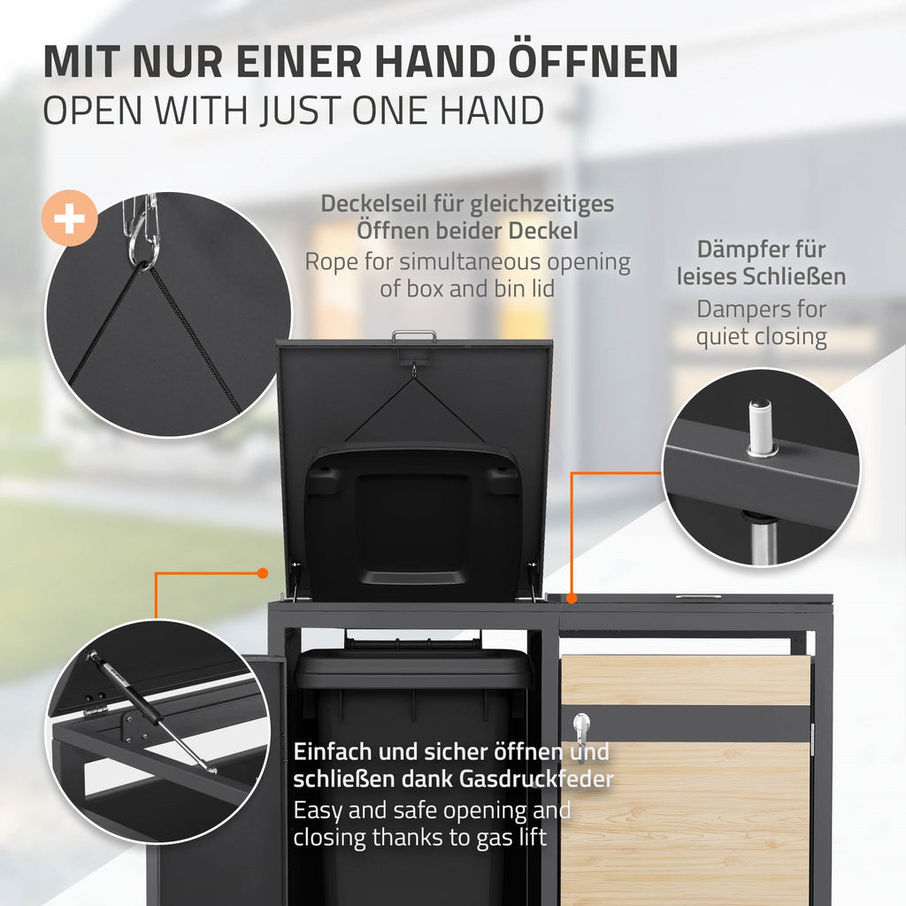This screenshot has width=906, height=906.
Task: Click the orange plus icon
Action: click(x=69, y=218)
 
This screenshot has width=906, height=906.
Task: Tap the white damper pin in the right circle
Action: click(x=758, y=426)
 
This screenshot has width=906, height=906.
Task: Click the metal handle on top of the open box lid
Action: click(x=414, y=335)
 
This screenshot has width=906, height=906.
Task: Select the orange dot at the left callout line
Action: click(x=262, y=573)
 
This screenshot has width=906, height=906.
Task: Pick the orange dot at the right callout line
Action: click(x=572, y=599)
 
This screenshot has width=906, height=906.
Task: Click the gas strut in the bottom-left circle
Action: click(x=151, y=712)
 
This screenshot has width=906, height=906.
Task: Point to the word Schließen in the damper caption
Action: click(x=794, y=277)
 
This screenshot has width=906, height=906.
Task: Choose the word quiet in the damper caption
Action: click(x=722, y=336)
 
